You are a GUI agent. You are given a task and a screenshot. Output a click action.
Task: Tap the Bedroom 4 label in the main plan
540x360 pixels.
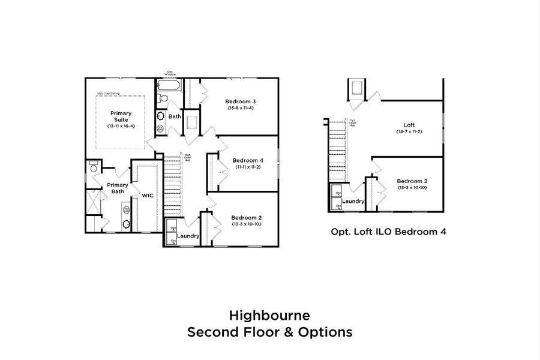248,160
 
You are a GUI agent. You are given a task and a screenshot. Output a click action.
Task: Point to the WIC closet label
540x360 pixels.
148,195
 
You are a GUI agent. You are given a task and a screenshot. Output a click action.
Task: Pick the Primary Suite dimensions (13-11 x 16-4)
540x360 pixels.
121,127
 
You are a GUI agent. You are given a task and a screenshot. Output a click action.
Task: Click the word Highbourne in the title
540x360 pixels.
269,314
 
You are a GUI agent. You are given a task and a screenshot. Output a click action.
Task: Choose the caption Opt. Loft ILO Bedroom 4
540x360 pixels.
388,231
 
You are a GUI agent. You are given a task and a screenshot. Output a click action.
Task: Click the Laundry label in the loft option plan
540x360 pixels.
353,201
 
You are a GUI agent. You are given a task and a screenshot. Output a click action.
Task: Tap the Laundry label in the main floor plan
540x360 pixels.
188,236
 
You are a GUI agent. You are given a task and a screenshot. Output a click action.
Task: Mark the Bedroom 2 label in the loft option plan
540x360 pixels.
412,181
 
